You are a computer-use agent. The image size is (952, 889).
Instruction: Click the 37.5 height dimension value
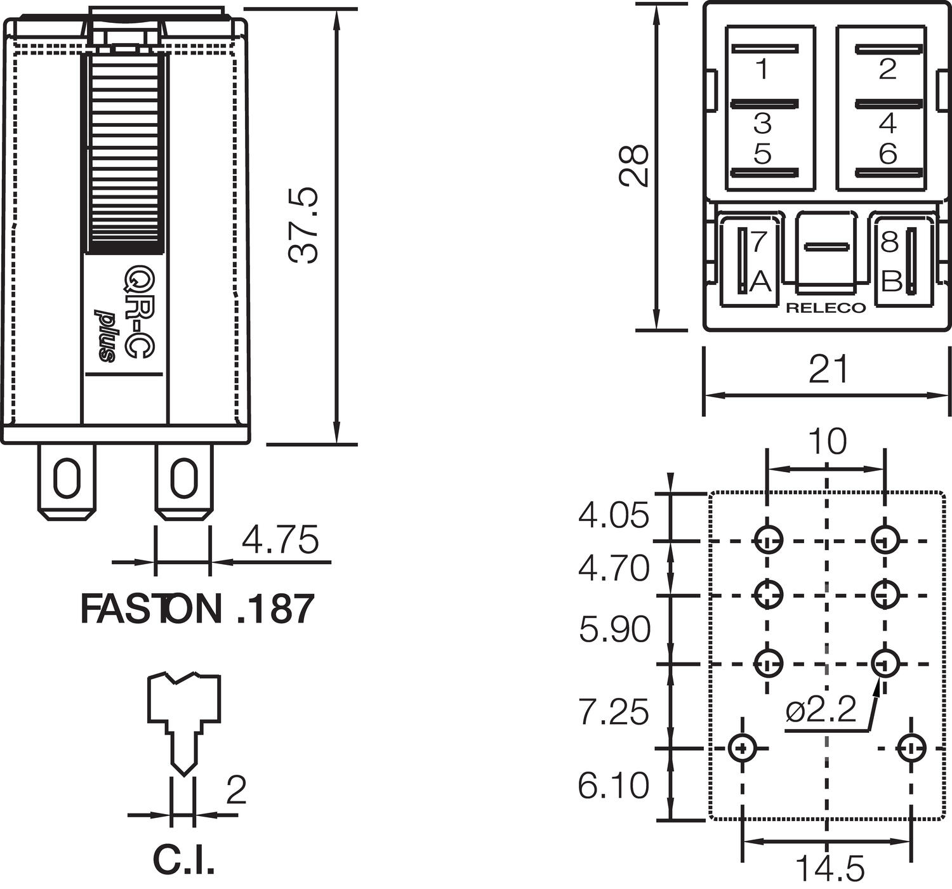303,225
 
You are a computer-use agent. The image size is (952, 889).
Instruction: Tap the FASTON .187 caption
197,609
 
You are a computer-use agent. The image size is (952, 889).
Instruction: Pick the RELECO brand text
825,308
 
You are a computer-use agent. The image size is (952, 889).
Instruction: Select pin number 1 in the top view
762,69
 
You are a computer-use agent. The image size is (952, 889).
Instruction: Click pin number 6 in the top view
888,153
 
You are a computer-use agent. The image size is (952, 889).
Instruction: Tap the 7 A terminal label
760,261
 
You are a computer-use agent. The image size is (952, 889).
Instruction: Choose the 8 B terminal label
890,261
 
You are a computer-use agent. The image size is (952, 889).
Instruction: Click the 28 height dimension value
634,166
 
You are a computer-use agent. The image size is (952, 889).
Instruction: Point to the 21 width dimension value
828,369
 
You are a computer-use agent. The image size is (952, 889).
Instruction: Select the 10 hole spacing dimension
828,442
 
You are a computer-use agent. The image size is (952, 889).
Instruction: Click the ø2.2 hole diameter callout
821,710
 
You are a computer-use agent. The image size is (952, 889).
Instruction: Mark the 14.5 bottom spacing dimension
829,868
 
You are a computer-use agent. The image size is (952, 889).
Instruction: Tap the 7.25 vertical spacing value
613,711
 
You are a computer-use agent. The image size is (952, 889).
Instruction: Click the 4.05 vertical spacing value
613,515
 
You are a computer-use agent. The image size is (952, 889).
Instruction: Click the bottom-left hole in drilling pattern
741,748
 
